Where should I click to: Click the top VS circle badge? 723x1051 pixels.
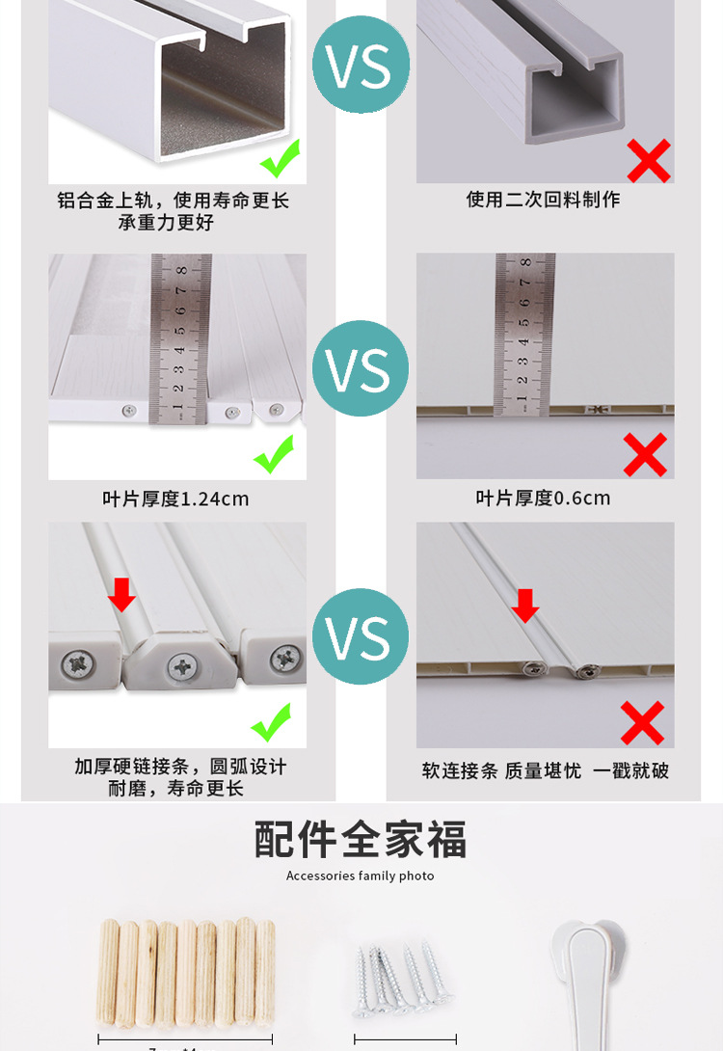pos(361,65)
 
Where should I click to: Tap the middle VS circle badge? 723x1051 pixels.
pos(361,368)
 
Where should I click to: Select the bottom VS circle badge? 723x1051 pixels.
pos(361,636)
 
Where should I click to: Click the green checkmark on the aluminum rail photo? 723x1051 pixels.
pos(281,158)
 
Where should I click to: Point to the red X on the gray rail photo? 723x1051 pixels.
pos(649,160)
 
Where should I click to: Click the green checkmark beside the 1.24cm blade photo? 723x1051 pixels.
pos(274,454)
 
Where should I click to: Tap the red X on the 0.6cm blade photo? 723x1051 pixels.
pos(645,454)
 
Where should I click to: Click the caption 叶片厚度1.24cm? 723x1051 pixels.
pos(176,499)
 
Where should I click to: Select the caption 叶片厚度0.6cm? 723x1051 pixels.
pos(544,498)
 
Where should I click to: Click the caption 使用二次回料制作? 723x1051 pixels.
pos(544,200)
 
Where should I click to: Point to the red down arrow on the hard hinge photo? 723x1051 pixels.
pos(121,594)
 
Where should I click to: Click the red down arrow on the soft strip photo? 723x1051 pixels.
pos(525,605)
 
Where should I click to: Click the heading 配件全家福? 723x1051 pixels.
pos(361,839)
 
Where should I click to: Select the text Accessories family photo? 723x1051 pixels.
pos(361,876)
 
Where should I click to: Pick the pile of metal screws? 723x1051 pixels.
pos(396,974)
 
